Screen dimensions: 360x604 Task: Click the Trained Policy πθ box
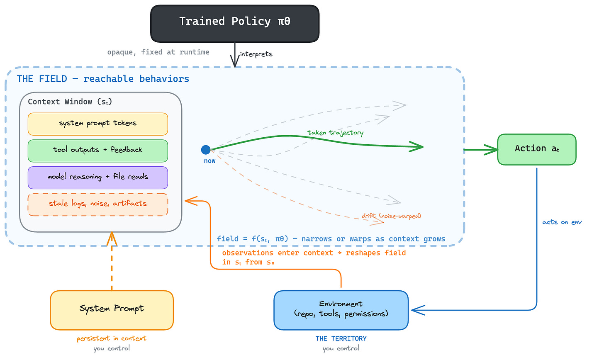pyautogui.click(x=235, y=23)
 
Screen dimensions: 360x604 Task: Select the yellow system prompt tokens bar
pyautogui.click(x=98, y=124)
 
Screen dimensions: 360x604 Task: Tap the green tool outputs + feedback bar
pyautogui.click(x=98, y=151)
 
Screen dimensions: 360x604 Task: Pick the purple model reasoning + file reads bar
pyautogui.click(x=98, y=178)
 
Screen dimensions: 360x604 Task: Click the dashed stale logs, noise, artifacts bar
pyautogui.click(x=98, y=204)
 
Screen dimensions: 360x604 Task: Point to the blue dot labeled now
pyautogui.click(x=206, y=150)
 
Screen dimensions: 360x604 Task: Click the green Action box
pyautogui.click(x=536, y=149)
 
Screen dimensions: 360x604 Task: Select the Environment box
pyautogui.click(x=341, y=310)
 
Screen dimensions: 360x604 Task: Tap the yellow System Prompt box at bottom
pyautogui.click(x=112, y=310)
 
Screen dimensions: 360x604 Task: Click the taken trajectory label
pyautogui.click(x=335, y=133)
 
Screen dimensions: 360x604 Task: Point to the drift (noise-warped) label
pyautogui.click(x=391, y=216)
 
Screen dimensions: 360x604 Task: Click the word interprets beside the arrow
pyautogui.click(x=256, y=54)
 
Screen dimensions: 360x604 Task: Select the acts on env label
pyautogui.click(x=562, y=222)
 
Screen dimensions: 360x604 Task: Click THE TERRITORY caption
pyautogui.click(x=341, y=338)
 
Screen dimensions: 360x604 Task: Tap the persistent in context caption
pyautogui.click(x=112, y=338)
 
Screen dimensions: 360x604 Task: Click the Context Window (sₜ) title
pyautogui.click(x=70, y=102)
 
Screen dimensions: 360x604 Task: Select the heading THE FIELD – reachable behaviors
pyautogui.click(x=103, y=79)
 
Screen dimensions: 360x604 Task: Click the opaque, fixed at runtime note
pyautogui.click(x=158, y=52)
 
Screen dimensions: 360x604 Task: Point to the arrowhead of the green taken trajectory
pyautogui.click(x=419, y=146)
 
